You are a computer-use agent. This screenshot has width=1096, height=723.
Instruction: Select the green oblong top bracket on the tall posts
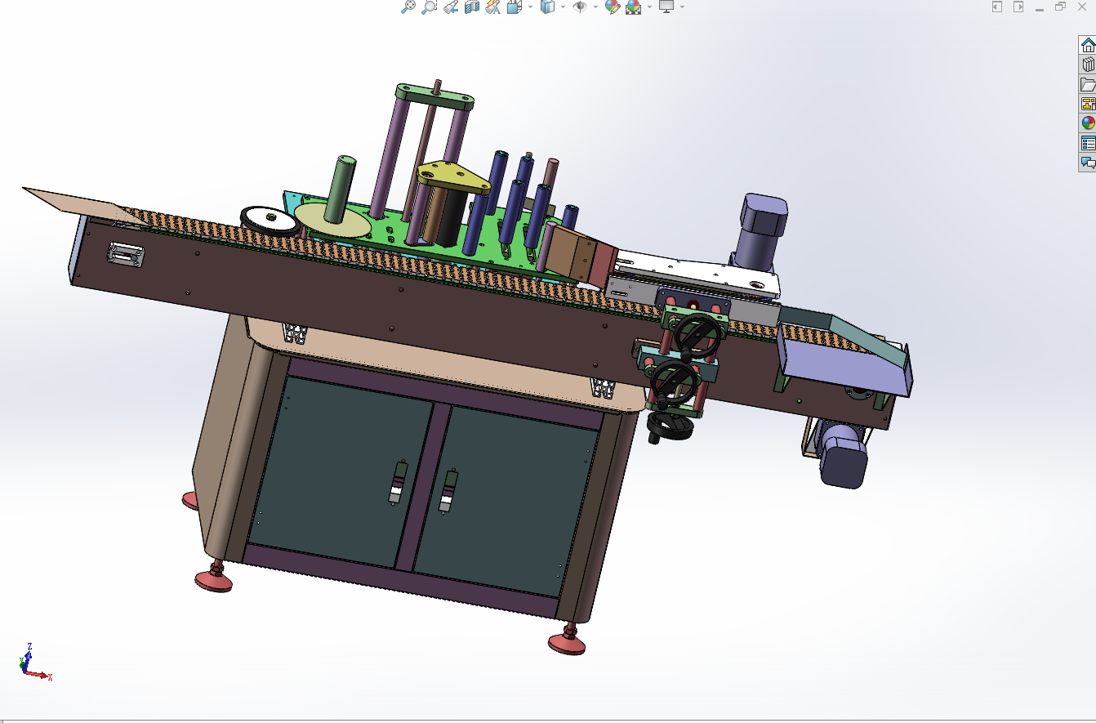click(x=434, y=96)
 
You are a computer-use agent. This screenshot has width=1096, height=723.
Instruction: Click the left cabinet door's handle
click(x=397, y=483)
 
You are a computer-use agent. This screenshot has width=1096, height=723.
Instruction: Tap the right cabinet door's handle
click(x=448, y=490)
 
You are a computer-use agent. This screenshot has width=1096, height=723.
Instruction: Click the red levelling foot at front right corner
click(x=567, y=640)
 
